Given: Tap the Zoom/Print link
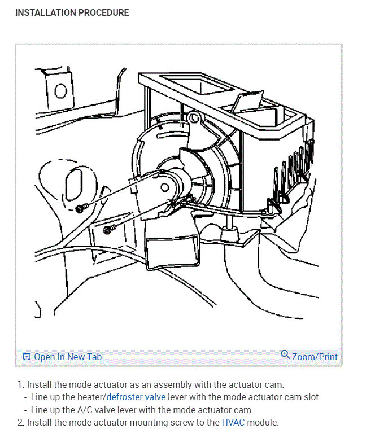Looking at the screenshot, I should pyautogui.click(x=315, y=357).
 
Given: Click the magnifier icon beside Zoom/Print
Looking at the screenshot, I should pyautogui.click(x=285, y=355).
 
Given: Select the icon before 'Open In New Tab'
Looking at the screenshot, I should pyautogui.click(x=26, y=357).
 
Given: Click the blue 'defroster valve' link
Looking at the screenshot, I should pyautogui.click(x=136, y=397).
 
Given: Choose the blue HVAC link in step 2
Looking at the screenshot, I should pyautogui.click(x=233, y=422).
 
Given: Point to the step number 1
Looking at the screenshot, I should pyautogui.click(x=20, y=384).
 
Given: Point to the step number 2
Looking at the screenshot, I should pyautogui.click(x=20, y=422).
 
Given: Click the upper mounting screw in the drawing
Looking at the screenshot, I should pyautogui.click(x=80, y=208).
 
